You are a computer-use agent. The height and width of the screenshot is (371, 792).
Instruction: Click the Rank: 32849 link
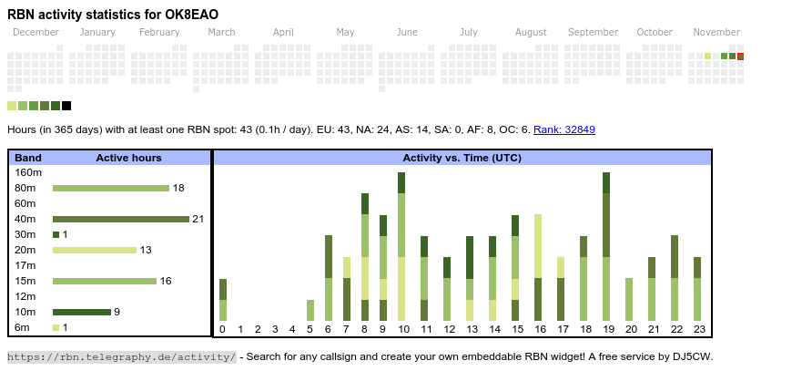click(x=564, y=129)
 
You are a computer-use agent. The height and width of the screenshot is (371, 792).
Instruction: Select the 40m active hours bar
click(x=120, y=219)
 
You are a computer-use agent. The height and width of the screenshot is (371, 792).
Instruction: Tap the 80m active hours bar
click(x=111, y=188)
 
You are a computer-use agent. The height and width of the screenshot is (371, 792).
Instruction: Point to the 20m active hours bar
click(x=95, y=250)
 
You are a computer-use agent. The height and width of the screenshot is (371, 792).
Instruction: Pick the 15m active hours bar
click(x=105, y=281)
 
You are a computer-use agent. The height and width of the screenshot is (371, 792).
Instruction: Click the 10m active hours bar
click(x=82, y=312)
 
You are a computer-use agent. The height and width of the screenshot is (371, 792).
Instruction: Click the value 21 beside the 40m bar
click(x=198, y=219)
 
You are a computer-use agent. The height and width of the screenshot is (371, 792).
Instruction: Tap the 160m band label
click(x=28, y=172)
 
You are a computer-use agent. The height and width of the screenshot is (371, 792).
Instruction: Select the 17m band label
click(x=25, y=265)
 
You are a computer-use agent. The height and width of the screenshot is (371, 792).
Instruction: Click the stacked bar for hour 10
click(x=401, y=246)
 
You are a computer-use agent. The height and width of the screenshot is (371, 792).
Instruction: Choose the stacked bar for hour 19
click(x=606, y=246)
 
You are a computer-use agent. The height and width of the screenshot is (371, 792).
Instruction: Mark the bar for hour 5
click(x=310, y=310)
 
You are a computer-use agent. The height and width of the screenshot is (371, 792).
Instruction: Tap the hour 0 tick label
click(x=223, y=329)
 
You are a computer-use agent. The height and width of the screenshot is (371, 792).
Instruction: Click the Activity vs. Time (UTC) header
click(x=462, y=158)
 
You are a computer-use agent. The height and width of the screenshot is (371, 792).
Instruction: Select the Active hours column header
click(x=128, y=158)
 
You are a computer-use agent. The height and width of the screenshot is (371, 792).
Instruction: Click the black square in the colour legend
click(x=66, y=106)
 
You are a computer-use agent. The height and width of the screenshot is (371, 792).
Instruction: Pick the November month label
click(x=716, y=32)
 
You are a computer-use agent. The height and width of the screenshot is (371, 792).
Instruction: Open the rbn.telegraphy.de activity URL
click(x=122, y=356)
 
